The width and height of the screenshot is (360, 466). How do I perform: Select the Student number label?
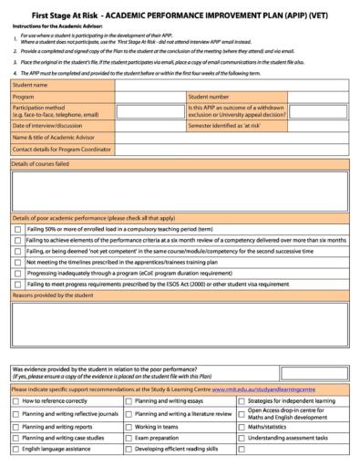(212, 96)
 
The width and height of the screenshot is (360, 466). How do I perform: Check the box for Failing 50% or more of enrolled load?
(18, 229)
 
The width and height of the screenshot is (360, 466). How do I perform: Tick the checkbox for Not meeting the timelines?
(18, 261)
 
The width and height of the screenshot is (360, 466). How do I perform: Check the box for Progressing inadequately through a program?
(18, 272)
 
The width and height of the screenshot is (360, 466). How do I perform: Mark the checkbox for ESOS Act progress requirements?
(18, 283)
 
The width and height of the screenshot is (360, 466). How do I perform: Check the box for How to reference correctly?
(16, 400)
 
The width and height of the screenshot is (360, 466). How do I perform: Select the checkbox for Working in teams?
(129, 426)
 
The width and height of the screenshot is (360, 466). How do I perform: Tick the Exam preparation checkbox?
(129, 437)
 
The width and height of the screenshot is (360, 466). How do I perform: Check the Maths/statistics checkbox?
(241, 426)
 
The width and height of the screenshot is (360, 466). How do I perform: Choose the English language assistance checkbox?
(16, 449)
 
